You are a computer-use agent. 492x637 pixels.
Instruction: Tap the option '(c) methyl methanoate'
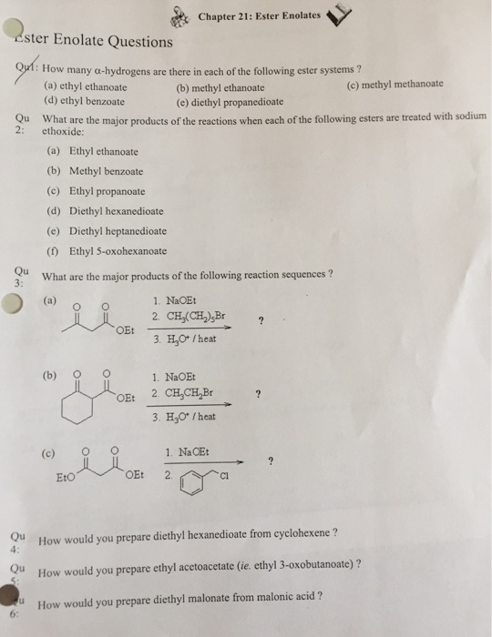click(395, 84)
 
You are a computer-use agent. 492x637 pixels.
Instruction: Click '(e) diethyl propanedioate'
click(229, 102)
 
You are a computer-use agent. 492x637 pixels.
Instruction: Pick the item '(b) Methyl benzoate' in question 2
click(94, 170)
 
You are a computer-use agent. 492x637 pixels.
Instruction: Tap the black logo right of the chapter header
click(340, 13)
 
